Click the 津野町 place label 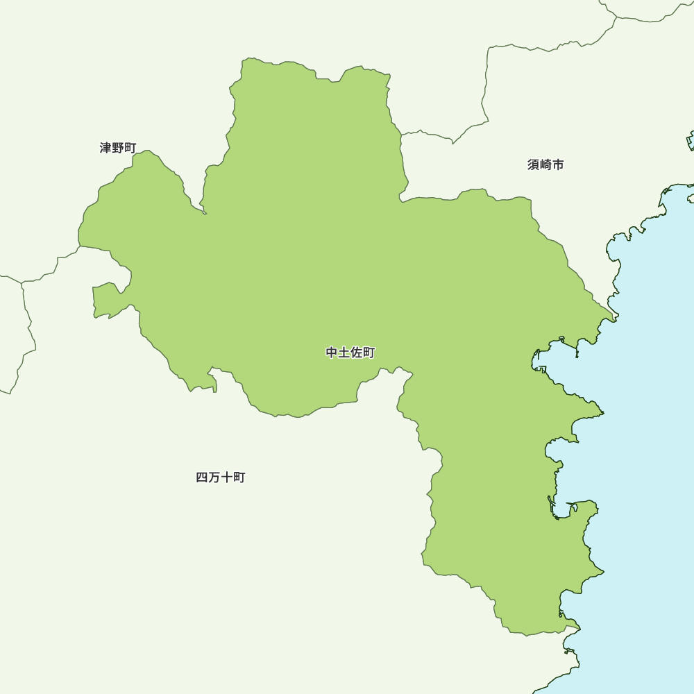pyautogui.click(x=118, y=148)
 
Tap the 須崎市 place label pyautogui.click(x=545, y=164)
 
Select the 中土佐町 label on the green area pyautogui.click(x=350, y=353)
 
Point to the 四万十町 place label pyautogui.click(x=221, y=477)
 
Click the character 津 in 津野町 pyautogui.click(x=105, y=148)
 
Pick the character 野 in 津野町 pyautogui.click(x=118, y=148)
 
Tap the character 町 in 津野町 pyautogui.click(x=130, y=148)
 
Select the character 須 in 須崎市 pyautogui.click(x=533, y=164)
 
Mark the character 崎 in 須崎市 pyautogui.click(x=545, y=164)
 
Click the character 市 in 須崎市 pyautogui.click(x=558, y=164)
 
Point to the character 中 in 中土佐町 pyautogui.click(x=332, y=353)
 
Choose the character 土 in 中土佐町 pyautogui.click(x=344, y=353)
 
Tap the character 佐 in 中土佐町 pyautogui.click(x=357, y=353)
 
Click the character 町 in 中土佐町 pyautogui.click(x=369, y=353)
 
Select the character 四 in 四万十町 pyautogui.click(x=202, y=477)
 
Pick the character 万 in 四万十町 pyautogui.click(x=214, y=477)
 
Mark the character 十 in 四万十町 pyautogui.click(x=227, y=477)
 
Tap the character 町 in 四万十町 pyautogui.click(x=239, y=477)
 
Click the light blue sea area pyautogui.click(x=645, y=451)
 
